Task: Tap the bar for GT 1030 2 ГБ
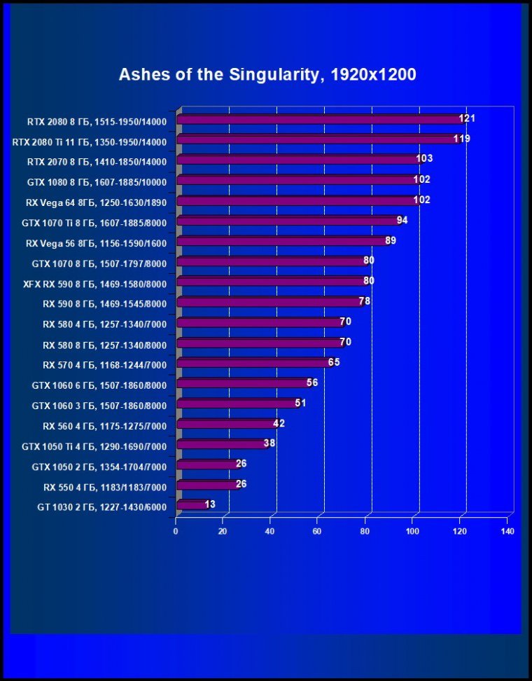pos(192,504)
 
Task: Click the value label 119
pos(461,139)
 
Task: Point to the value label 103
pos(424,159)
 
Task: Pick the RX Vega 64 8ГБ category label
pos(96,202)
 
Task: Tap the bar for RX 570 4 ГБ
pos(252,363)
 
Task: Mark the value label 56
pos(312,383)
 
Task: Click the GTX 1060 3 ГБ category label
pos(99,405)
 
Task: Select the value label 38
pos(269,443)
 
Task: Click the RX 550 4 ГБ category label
pos(104,486)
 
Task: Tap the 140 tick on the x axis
pos(507,532)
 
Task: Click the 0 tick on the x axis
pos(176,532)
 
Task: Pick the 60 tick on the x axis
pos(318,532)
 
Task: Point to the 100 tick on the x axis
pos(412,532)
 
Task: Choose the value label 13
pos(210,504)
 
